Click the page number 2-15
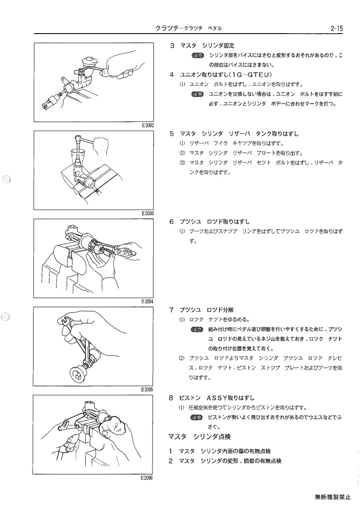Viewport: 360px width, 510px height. [x=336, y=28]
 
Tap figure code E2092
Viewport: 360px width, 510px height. [x=148, y=125]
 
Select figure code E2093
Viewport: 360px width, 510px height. [x=148, y=213]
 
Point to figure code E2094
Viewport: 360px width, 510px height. [x=148, y=302]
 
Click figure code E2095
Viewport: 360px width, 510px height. [x=148, y=389]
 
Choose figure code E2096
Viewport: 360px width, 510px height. [x=147, y=478]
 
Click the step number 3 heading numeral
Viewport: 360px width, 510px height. [x=172, y=45]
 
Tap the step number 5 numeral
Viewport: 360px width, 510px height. [x=172, y=134]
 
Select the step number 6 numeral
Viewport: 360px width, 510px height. [x=172, y=222]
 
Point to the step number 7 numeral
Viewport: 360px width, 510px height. [x=172, y=310]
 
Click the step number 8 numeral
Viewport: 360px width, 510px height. [x=172, y=398]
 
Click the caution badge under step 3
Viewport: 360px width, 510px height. [x=197, y=55]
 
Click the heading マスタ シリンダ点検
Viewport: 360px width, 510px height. [x=199, y=436]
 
